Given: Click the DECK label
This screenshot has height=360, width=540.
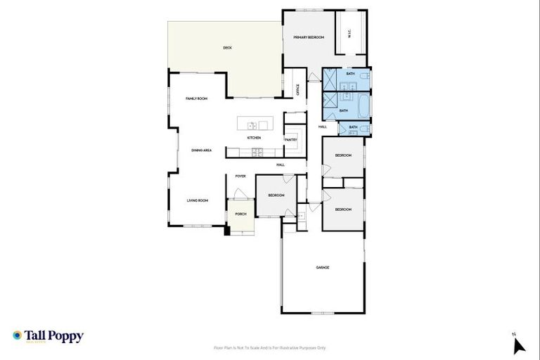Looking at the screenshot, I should point(227,48).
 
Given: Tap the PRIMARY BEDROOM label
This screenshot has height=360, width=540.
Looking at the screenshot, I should point(309,37).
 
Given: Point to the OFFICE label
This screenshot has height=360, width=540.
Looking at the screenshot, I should point(298,89).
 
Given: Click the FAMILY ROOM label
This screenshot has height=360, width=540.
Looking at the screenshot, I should point(196,98).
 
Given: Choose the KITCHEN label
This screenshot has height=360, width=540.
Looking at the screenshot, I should point(254,138).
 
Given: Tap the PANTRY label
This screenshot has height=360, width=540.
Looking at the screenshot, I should point(291,139).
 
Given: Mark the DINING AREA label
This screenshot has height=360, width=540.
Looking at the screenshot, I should point(202,150).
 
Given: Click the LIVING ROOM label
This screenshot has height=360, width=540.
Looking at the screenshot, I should point(198,201).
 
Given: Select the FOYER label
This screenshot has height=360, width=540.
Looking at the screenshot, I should point(240,176).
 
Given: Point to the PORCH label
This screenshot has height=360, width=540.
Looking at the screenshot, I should point(240,214).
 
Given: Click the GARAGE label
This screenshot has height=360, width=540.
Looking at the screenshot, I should point(323,267).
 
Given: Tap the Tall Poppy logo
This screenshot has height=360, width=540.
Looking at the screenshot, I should point(48,336).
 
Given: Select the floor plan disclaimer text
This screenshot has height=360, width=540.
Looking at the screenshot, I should point(270,348).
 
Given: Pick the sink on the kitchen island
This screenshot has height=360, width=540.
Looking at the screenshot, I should point(251,126).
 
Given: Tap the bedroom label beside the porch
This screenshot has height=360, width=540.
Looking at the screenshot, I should point(276,195).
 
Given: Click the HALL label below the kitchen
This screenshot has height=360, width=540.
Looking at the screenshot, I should point(281,165).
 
